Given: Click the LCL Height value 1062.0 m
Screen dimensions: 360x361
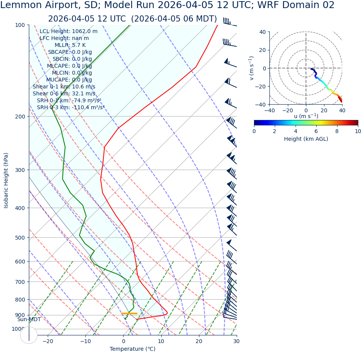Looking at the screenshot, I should click(85, 32).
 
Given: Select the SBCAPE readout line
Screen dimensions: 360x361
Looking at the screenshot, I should click(70, 52).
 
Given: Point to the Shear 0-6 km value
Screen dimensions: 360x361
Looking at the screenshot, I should click(85, 94).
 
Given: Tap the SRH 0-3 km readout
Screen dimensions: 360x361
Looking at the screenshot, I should click(70, 108).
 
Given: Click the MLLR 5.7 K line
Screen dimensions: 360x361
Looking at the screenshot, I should click(70, 45).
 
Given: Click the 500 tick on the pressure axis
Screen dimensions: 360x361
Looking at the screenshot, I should click(20, 238).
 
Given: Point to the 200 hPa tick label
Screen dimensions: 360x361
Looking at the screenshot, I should click(20, 117).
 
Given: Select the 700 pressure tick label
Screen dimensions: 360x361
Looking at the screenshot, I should click(20, 282).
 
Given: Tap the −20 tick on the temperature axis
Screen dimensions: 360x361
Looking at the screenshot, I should click(48, 341).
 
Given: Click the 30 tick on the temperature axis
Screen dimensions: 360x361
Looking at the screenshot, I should click(236, 341).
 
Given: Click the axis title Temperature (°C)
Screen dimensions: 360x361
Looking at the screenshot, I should click(132, 349).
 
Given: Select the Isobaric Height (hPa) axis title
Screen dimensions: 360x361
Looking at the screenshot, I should click(6, 180).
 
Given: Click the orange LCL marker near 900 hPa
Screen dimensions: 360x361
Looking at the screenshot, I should click(129, 313).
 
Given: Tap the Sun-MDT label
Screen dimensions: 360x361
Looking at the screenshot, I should click(29, 320).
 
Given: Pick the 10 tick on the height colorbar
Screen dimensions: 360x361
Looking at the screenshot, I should click(358, 132).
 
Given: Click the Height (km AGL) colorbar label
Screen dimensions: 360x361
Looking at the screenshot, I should click(306, 139).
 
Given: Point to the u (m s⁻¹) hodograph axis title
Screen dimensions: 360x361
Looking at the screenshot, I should click(306, 116).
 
